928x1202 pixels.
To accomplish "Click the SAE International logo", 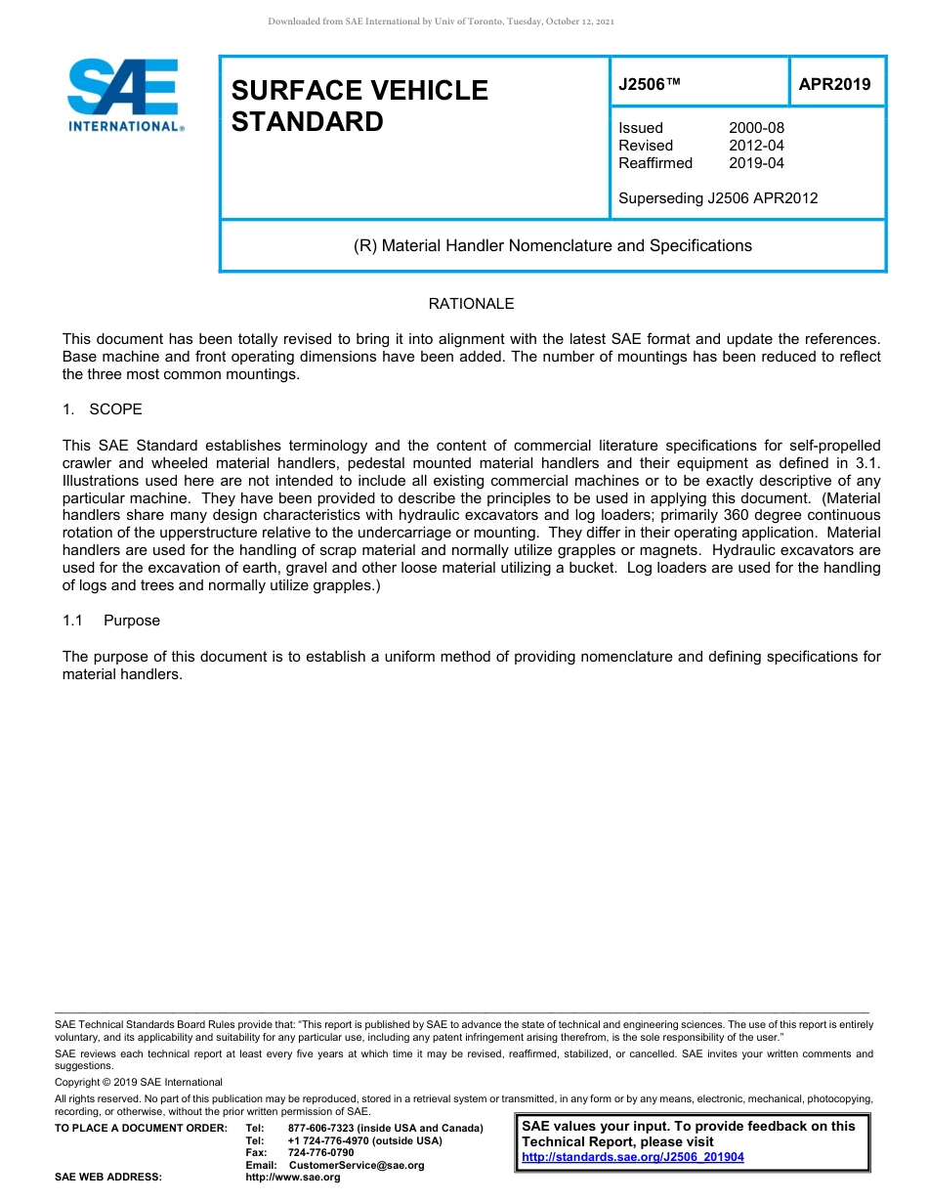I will [x=125, y=95].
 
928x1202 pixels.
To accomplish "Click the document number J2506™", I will [x=649, y=85].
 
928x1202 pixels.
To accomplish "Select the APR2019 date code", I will [x=834, y=84].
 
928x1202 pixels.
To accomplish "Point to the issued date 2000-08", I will [x=756, y=128].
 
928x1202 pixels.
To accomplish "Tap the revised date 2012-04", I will [x=756, y=146].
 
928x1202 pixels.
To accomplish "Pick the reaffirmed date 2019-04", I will [x=756, y=163].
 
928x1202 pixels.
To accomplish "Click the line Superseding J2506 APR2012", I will [x=718, y=198].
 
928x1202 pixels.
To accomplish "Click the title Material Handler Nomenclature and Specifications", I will [x=552, y=245].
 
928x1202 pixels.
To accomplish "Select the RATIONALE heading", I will [x=471, y=304].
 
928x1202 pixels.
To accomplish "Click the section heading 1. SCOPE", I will [x=103, y=409].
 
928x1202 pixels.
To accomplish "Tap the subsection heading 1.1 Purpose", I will [x=111, y=621].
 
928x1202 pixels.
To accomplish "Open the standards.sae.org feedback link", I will [x=632, y=1157].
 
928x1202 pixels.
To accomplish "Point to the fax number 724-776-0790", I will [x=320, y=1153].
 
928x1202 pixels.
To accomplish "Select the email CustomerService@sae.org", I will [x=357, y=1165].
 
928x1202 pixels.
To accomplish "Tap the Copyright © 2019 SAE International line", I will [x=139, y=1083].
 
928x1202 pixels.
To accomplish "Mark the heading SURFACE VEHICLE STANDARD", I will [x=359, y=106].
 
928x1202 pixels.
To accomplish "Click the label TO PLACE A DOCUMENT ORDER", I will [x=141, y=1129].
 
